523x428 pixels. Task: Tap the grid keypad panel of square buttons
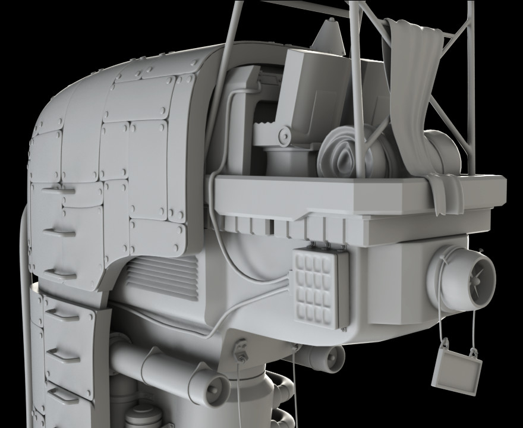pyautogui.click(x=320, y=288)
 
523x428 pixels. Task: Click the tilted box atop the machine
pyautogui.click(x=309, y=89)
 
